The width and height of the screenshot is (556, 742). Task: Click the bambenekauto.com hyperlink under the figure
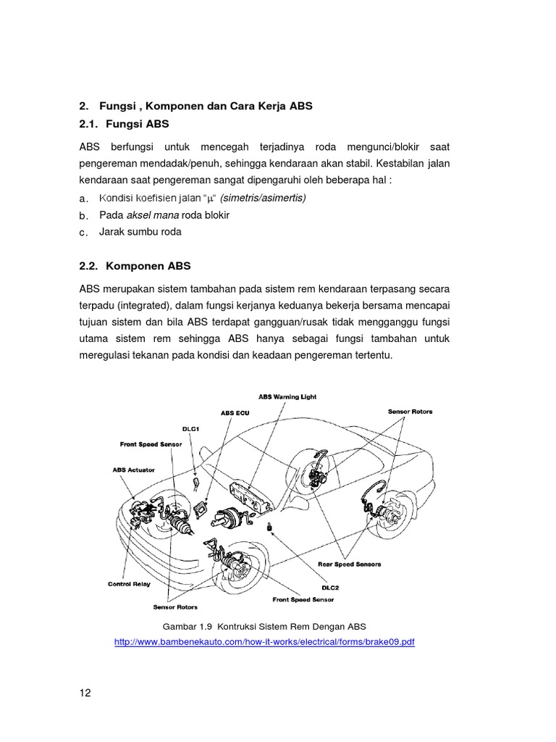264,642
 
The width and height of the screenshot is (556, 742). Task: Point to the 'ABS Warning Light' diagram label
287,397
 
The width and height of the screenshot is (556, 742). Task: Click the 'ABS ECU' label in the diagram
235,412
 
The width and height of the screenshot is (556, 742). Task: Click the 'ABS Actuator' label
133,470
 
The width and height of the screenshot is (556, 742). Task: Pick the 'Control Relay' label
130,583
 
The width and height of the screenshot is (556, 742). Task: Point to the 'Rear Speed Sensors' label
349,563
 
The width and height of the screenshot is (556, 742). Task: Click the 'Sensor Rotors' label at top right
410,411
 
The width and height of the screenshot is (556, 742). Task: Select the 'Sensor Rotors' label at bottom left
175,606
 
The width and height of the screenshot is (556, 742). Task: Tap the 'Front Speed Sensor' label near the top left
151,443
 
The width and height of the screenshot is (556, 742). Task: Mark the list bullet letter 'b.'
83,216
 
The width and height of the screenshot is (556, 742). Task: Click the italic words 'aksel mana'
153,215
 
